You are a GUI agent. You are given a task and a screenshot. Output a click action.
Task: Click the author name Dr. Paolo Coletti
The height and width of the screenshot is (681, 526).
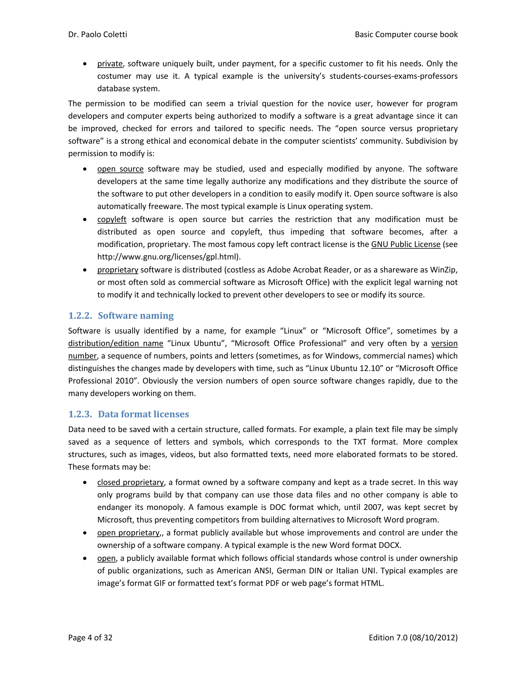coord(98,34)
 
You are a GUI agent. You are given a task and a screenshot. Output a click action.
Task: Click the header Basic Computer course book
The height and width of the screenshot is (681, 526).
coord(406,34)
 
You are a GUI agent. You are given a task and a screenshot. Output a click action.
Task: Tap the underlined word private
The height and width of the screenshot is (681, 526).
coord(110,64)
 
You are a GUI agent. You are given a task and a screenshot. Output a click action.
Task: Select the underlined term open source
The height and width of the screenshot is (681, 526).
coord(120,169)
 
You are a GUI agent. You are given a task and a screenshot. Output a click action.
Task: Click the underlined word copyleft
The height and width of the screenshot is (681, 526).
coord(111,219)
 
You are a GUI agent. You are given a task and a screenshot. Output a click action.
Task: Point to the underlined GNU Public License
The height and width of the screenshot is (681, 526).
coord(405,244)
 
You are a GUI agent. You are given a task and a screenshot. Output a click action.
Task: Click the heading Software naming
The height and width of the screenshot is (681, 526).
coord(136,316)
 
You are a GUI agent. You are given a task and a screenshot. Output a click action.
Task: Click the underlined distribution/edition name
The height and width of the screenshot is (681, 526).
coord(116,344)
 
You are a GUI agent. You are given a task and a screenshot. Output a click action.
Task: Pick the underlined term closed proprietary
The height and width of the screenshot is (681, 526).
coord(130,482)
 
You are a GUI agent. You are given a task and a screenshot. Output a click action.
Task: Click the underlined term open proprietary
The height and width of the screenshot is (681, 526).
coord(128,533)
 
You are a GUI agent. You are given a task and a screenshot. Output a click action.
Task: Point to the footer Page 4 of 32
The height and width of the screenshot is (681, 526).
coord(90,638)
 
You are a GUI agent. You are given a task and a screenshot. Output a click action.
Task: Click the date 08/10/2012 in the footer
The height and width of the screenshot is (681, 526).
coord(433,638)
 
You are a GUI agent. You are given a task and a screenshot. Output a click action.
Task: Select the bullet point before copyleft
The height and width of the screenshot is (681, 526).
coord(85,219)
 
